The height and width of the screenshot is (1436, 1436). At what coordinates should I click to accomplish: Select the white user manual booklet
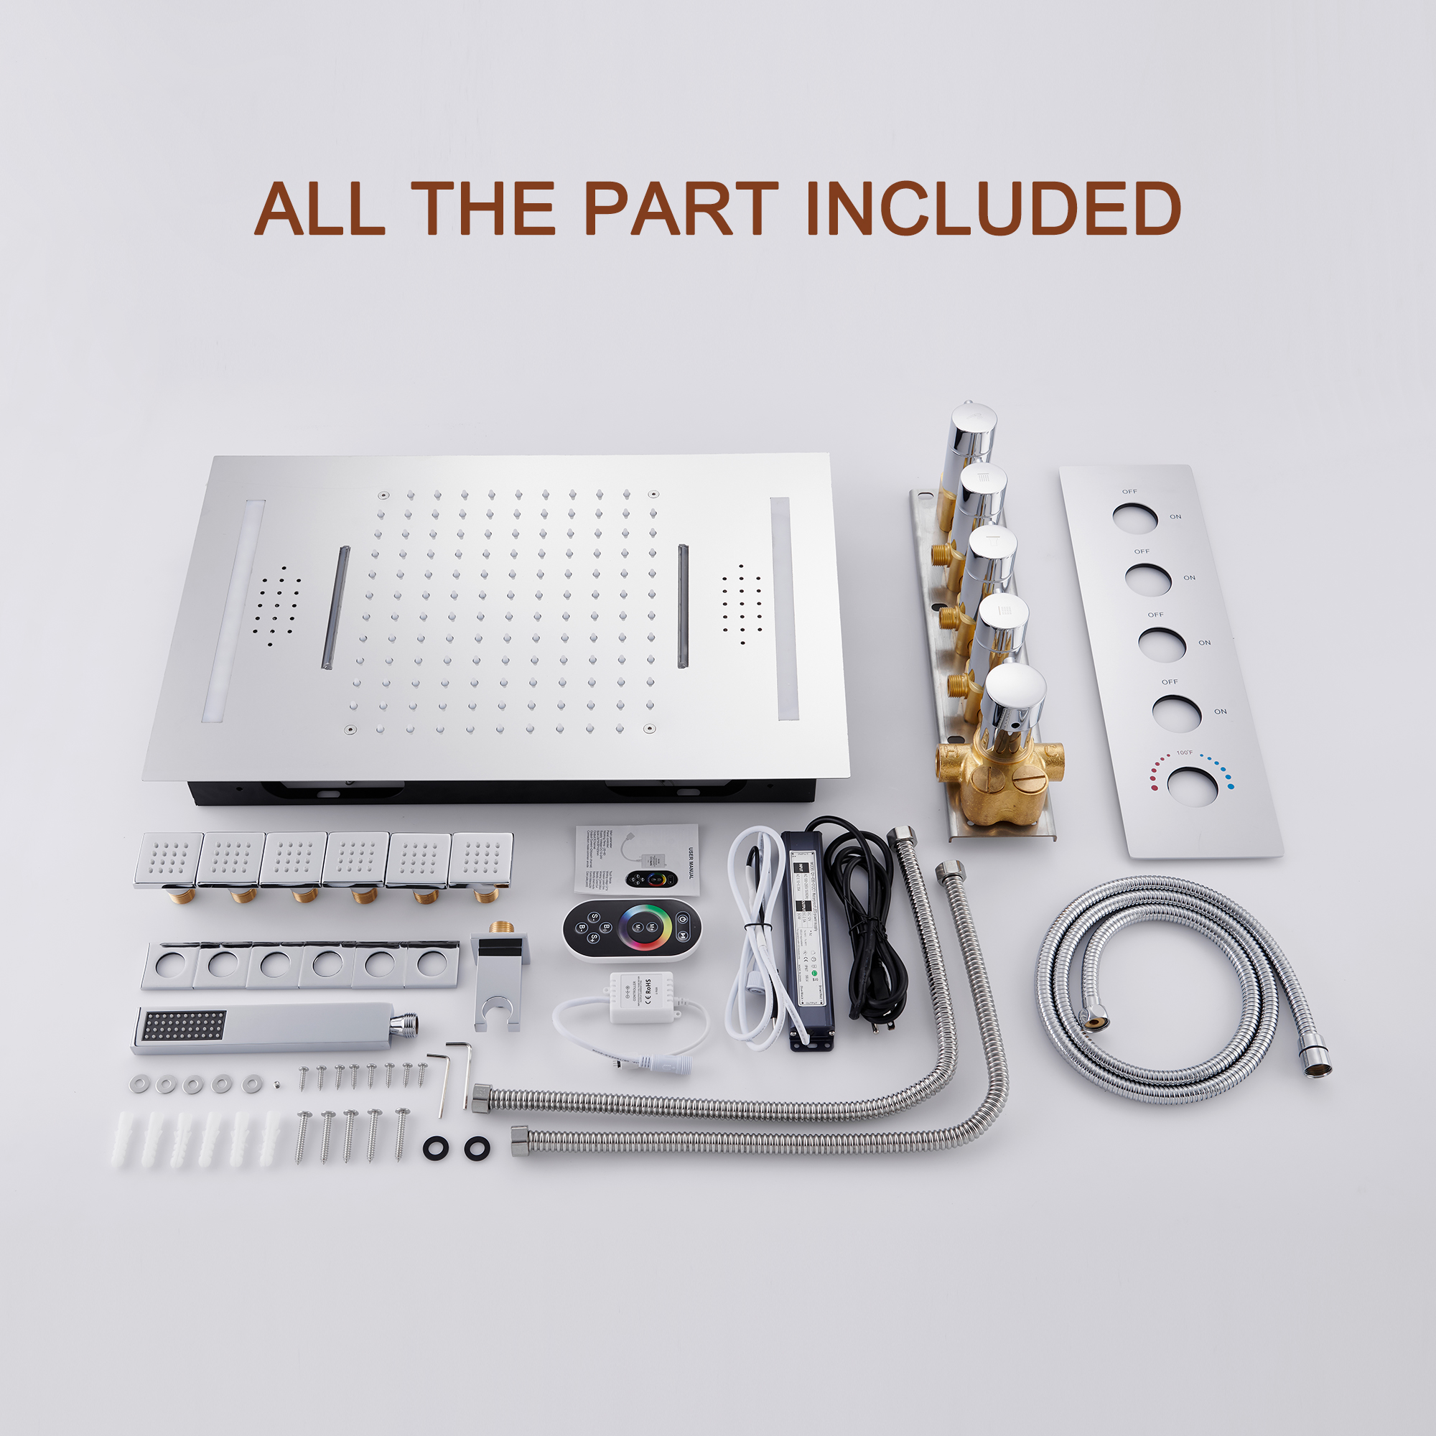click(636, 859)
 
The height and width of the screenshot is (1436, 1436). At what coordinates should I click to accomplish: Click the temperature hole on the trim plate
click(1193, 785)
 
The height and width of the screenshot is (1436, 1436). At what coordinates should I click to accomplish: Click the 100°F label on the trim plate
click(1185, 753)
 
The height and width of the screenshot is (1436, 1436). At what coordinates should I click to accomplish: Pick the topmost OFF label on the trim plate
click(1129, 491)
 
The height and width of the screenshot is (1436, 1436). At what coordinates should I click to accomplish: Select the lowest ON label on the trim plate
click(1221, 712)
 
